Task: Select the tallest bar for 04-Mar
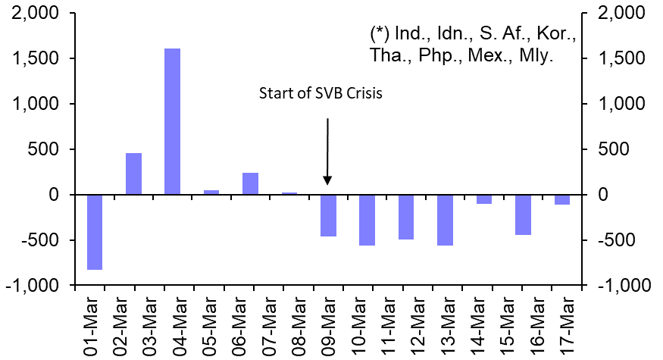[x=172, y=121]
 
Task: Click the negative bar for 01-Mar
[x=94, y=232]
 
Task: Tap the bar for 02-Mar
[x=133, y=174]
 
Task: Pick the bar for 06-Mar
[x=250, y=183]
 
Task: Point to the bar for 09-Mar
[x=328, y=215]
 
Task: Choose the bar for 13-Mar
[x=445, y=220]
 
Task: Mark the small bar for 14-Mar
[x=483, y=199]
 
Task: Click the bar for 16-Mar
[x=523, y=214]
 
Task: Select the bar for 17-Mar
[x=561, y=200]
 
